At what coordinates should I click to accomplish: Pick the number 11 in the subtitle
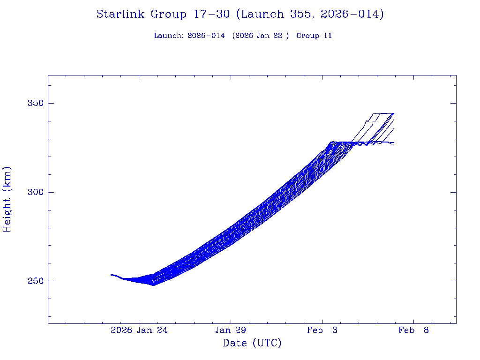[327, 36]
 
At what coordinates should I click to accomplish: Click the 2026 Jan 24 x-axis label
[139, 330]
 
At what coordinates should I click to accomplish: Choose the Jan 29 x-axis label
[230, 330]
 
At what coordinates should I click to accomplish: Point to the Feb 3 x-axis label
[322, 330]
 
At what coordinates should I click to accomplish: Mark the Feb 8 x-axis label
[414, 330]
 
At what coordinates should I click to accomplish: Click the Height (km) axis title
[7, 199]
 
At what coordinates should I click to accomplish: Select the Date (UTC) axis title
[252, 344]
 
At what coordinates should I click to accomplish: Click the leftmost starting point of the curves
[111, 274]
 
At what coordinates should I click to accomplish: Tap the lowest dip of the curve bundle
[153, 285]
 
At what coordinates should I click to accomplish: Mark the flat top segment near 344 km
[382, 113]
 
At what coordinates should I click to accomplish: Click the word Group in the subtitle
[307, 36]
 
